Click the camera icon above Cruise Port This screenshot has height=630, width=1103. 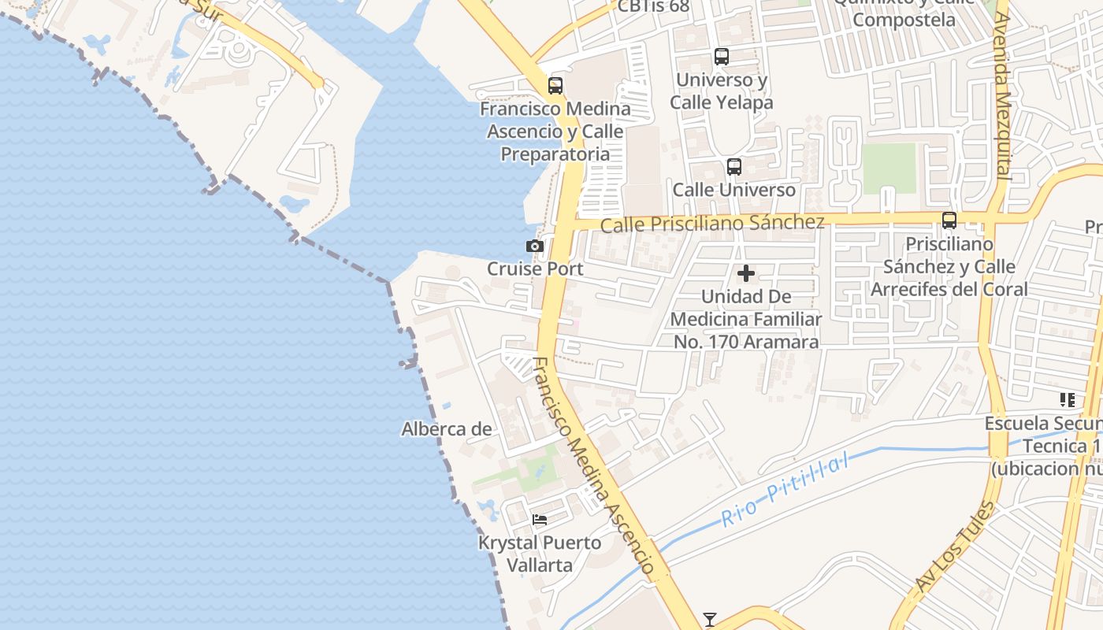[535, 246]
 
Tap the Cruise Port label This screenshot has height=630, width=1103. [535, 269]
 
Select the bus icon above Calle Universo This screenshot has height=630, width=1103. [734, 167]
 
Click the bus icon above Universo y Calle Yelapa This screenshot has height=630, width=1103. [722, 57]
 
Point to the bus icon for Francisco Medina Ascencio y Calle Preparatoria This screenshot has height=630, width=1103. [555, 86]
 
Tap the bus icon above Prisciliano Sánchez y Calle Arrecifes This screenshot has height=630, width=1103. [949, 220]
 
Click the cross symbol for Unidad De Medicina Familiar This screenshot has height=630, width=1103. [746, 274]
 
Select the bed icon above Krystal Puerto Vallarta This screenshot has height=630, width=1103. [540, 520]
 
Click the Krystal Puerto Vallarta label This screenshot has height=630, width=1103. [540, 554]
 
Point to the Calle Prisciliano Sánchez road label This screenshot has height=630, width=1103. [712, 224]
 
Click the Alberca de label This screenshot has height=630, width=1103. [447, 429]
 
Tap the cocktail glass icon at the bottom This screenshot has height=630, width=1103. [710, 620]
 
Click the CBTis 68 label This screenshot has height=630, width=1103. [653, 6]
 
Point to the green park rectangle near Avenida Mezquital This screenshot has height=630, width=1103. [889, 168]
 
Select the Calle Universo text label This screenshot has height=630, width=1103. [734, 190]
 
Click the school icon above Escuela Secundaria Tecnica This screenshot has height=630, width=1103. [1068, 400]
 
